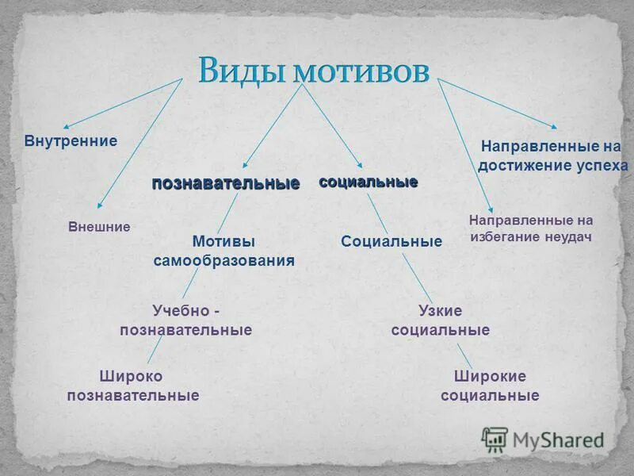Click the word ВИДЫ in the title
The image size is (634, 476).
click(x=242, y=71)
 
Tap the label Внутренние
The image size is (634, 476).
click(x=71, y=140)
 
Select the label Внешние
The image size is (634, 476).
click(x=99, y=227)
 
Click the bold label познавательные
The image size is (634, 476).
click(x=226, y=183)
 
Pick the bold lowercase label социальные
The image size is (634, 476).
click(x=368, y=182)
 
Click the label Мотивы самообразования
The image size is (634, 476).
click(x=223, y=250)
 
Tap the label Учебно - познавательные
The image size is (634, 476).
click(x=185, y=320)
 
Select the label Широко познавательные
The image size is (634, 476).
click(x=132, y=385)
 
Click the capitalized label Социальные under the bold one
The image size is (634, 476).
click(x=391, y=241)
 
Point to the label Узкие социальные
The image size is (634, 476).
click(x=440, y=320)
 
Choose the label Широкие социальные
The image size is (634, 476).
click(x=490, y=385)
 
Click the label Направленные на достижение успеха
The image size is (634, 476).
click(x=552, y=155)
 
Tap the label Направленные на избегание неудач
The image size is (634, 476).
click(x=530, y=228)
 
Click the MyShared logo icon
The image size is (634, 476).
click(x=495, y=439)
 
